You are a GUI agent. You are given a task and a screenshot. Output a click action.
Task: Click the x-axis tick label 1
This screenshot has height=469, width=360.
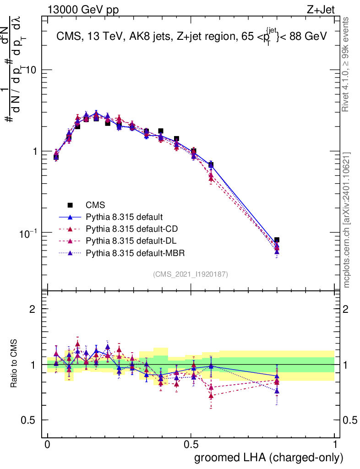coord(335,445)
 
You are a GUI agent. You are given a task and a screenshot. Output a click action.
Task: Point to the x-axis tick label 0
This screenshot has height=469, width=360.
coord(47,445)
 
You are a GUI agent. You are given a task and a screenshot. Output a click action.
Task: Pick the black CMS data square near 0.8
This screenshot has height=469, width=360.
coord(277,240)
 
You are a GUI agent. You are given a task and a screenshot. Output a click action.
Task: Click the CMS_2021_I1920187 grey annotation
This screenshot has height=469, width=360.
coord(191,274)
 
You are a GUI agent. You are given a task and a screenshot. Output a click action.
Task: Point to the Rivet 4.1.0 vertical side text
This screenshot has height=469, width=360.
coord(347,64)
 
